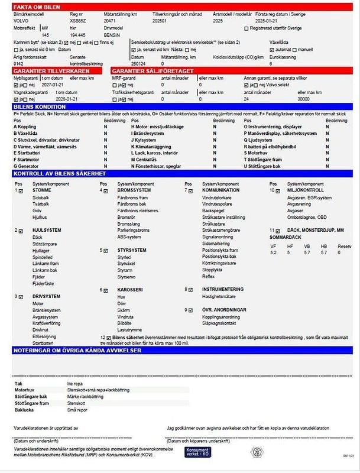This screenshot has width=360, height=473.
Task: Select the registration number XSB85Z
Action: [x=79, y=21]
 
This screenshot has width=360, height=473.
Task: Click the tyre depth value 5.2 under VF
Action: [x=273, y=252]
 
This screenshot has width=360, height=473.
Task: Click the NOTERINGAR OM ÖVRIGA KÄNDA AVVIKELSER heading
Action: [x=77, y=351]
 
